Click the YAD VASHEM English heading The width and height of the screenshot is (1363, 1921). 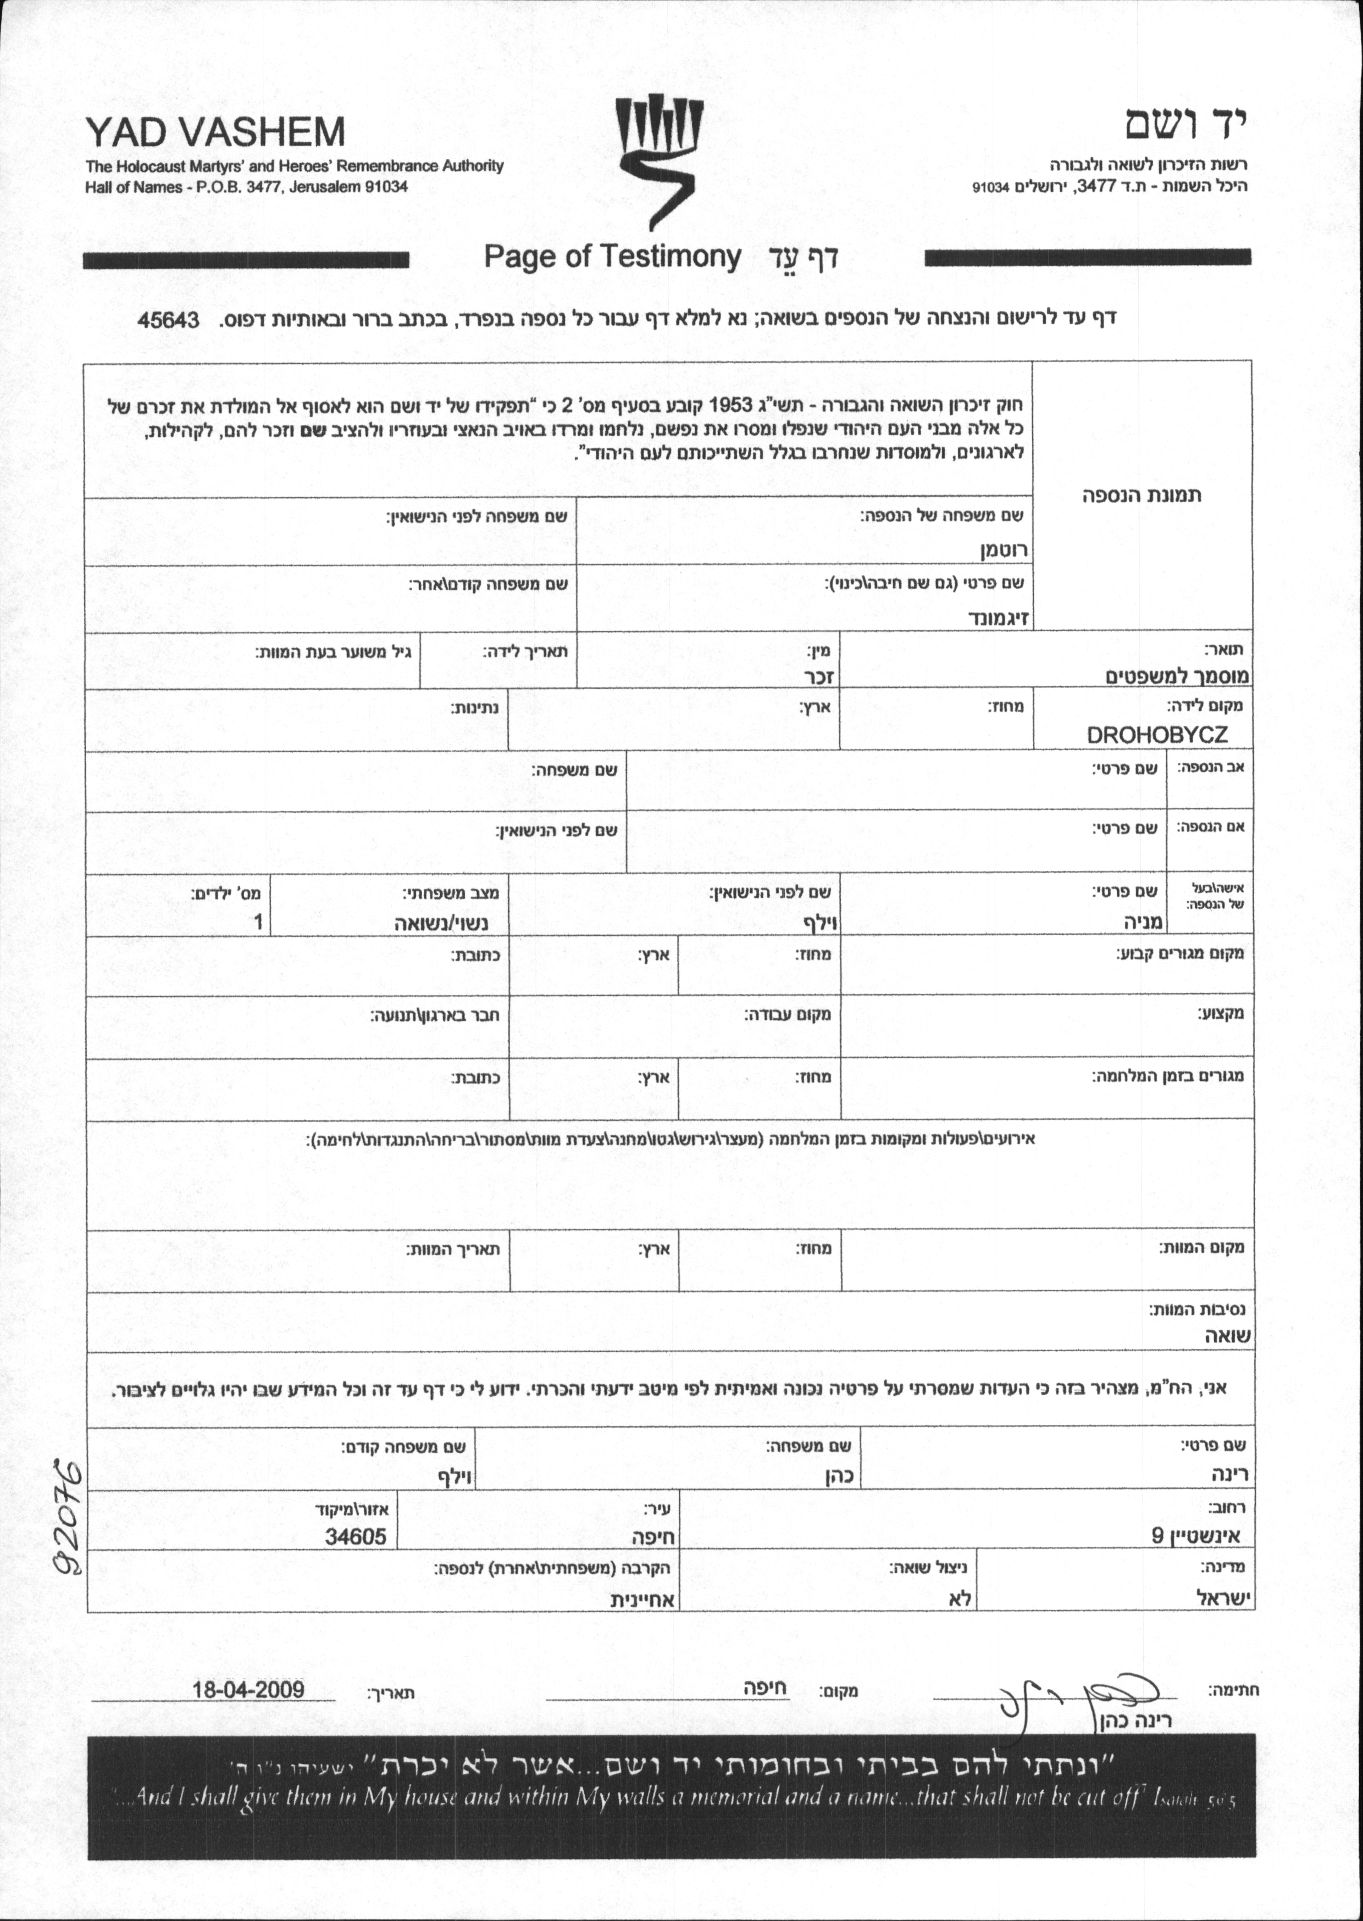click(215, 132)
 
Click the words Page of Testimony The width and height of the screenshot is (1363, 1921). click(613, 257)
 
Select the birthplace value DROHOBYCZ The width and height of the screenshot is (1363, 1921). click(1156, 735)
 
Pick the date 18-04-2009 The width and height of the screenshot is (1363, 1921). click(248, 1688)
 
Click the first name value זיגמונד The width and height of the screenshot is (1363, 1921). click(999, 619)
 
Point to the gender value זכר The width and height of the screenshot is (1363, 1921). click(818, 676)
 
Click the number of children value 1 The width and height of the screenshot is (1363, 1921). click(258, 923)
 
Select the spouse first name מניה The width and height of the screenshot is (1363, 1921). click(1144, 923)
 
